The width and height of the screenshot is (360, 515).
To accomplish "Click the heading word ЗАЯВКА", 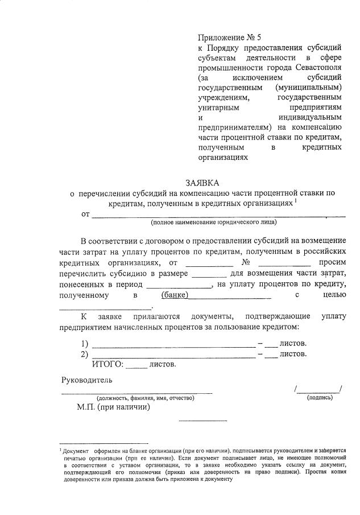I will pos(202,183).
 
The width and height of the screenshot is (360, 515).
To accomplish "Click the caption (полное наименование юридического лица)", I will pos(214,222).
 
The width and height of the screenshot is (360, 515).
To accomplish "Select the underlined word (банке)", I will pos(175,295).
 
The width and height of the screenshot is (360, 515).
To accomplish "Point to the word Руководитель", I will pos(87,380).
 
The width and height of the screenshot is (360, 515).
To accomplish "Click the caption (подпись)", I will pos(320,397).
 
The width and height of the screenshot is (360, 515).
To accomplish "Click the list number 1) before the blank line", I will pos(85,344).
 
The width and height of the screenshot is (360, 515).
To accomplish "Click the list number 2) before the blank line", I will pos(85,354).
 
